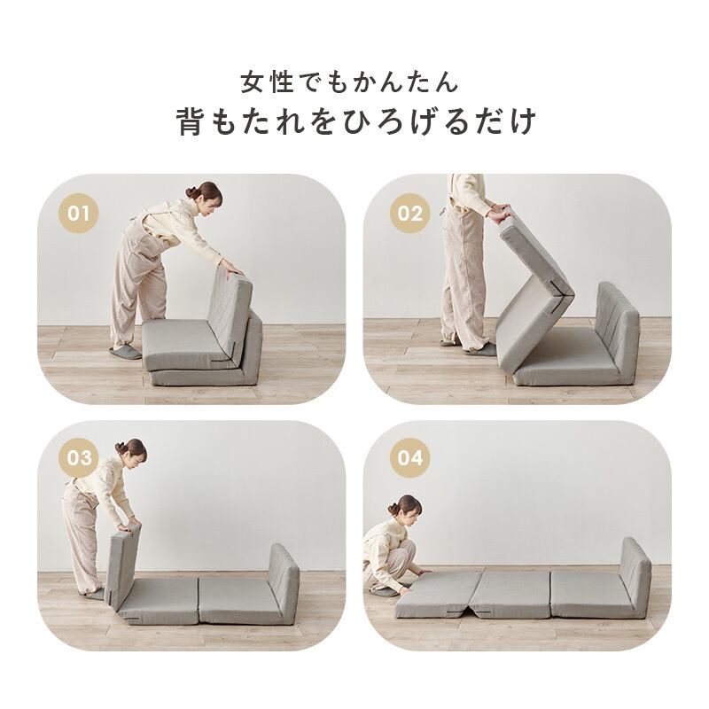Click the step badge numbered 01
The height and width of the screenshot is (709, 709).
(x=79, y=214)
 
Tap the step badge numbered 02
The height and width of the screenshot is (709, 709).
(x=409, y=214)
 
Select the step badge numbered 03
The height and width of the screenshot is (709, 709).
(x=79, y=458)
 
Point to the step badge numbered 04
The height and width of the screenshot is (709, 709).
(x=409, y=458)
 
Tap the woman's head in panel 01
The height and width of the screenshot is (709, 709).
(x=206, y=194)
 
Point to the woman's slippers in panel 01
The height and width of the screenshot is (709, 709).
(x=125, y=352)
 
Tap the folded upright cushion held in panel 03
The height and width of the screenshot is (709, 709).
(x=122, y=567)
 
